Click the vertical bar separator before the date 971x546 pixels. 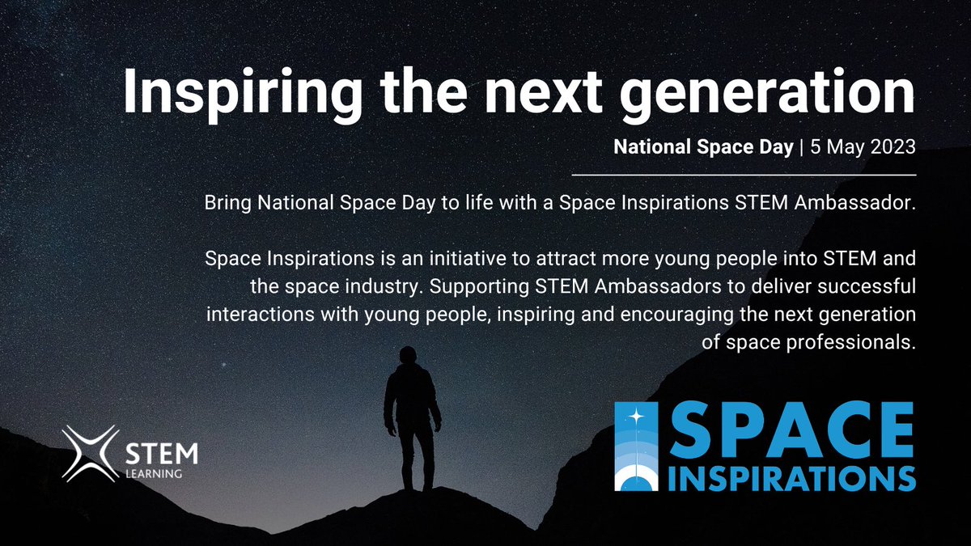802,148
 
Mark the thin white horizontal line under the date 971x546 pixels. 744,174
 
